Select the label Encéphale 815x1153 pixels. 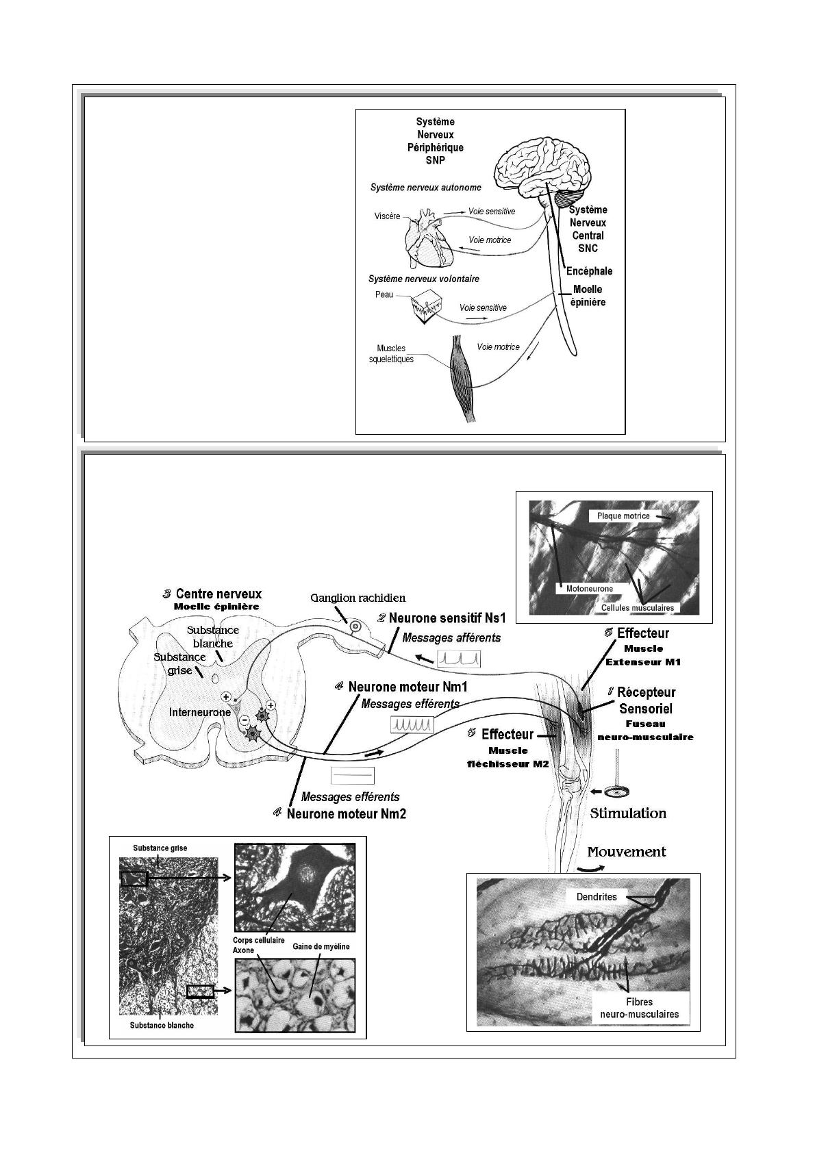tap(589, 271)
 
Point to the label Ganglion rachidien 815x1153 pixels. tap(358, 598)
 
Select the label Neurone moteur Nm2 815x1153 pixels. tap(347, 814)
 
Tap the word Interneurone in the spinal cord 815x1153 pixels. tap(200, 712)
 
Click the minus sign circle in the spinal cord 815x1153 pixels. tap(243, 720)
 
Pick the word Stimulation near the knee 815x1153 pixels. tap(628, 813)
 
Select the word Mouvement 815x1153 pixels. tap(627, 852)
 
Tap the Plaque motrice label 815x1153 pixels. tap(623, 516)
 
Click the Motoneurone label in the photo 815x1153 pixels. tap(589, 588)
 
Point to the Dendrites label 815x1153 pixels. tap(597, 896)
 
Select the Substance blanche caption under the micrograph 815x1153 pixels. tap(162, 1025)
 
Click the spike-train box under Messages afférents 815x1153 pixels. tap(459, 659)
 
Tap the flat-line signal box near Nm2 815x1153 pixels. tap(353, 774)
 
